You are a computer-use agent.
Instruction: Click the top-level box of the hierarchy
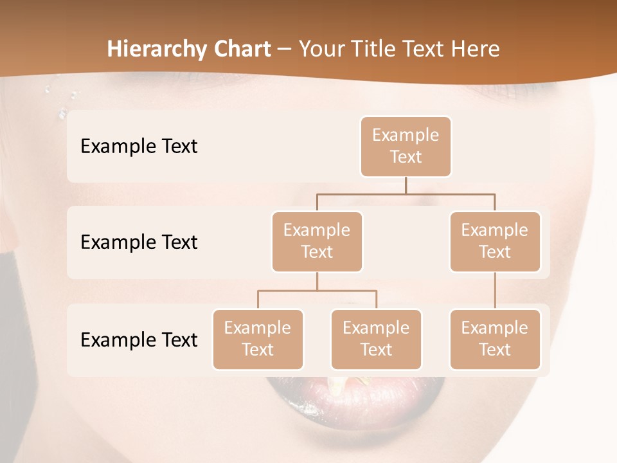(406, 147)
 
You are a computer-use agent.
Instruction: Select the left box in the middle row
(317, 242)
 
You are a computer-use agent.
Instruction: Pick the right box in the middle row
(495, 242)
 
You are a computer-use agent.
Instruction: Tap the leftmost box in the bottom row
(258, 340)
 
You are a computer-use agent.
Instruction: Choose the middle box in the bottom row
(376, 340)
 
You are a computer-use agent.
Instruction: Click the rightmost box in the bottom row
(495, 340)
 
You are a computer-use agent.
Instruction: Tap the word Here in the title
(476, 49)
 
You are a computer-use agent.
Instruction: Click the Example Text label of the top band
(139, 147)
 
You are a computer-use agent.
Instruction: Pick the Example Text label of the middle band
(139, 242)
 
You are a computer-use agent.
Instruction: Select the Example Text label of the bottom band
(139, 340)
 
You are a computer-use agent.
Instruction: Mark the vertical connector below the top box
(406, 185)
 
